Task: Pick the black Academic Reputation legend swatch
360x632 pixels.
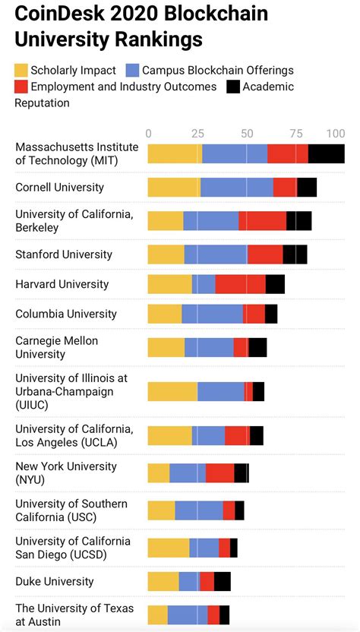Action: click(x=233, y=87)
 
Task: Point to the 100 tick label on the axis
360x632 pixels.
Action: click(x=335, y=134)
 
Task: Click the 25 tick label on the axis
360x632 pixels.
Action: click(x=197, y=134)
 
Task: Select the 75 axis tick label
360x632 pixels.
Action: click(x=296, y=134)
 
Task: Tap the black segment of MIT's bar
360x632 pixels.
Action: click(x=326, y=153)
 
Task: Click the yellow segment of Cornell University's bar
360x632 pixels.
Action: click(x=173, y=188)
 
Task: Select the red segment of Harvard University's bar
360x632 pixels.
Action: click(x=240, y=284)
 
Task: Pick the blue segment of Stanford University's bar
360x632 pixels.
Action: click(x=216, y=254)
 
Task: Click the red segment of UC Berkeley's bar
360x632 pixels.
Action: click(x=262, y=221)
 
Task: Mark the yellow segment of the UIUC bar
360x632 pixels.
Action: click(x=172, y=392)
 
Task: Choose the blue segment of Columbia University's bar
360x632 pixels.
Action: click(x=212, y=314)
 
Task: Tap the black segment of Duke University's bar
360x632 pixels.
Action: click(x=222, y=581)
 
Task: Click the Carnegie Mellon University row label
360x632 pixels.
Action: click(x=57, y=347)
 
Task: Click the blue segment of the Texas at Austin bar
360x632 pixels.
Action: click(x=188, y=615)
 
